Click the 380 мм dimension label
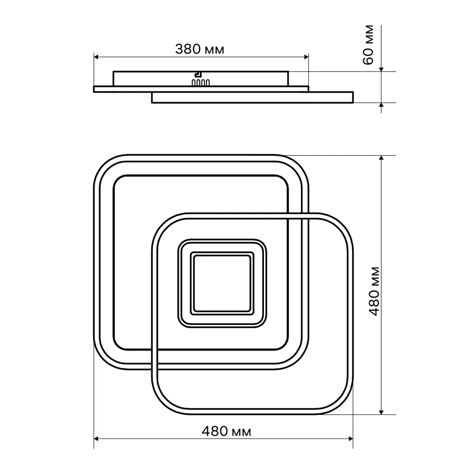click(x=200, y=49)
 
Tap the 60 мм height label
click(x=368, y=44)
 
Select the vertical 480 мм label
click(x=375, y=291)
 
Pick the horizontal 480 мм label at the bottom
click(x=226, y=431)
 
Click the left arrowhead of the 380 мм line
click(x=96, y=57)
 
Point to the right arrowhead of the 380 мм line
click(x=306, y=57)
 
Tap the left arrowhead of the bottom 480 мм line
click(x=96, y=438)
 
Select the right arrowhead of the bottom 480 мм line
click(x=350, y=438)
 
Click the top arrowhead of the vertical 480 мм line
click(x=381, y=158)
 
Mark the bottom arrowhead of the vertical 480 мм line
click(x=381, y=412)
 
